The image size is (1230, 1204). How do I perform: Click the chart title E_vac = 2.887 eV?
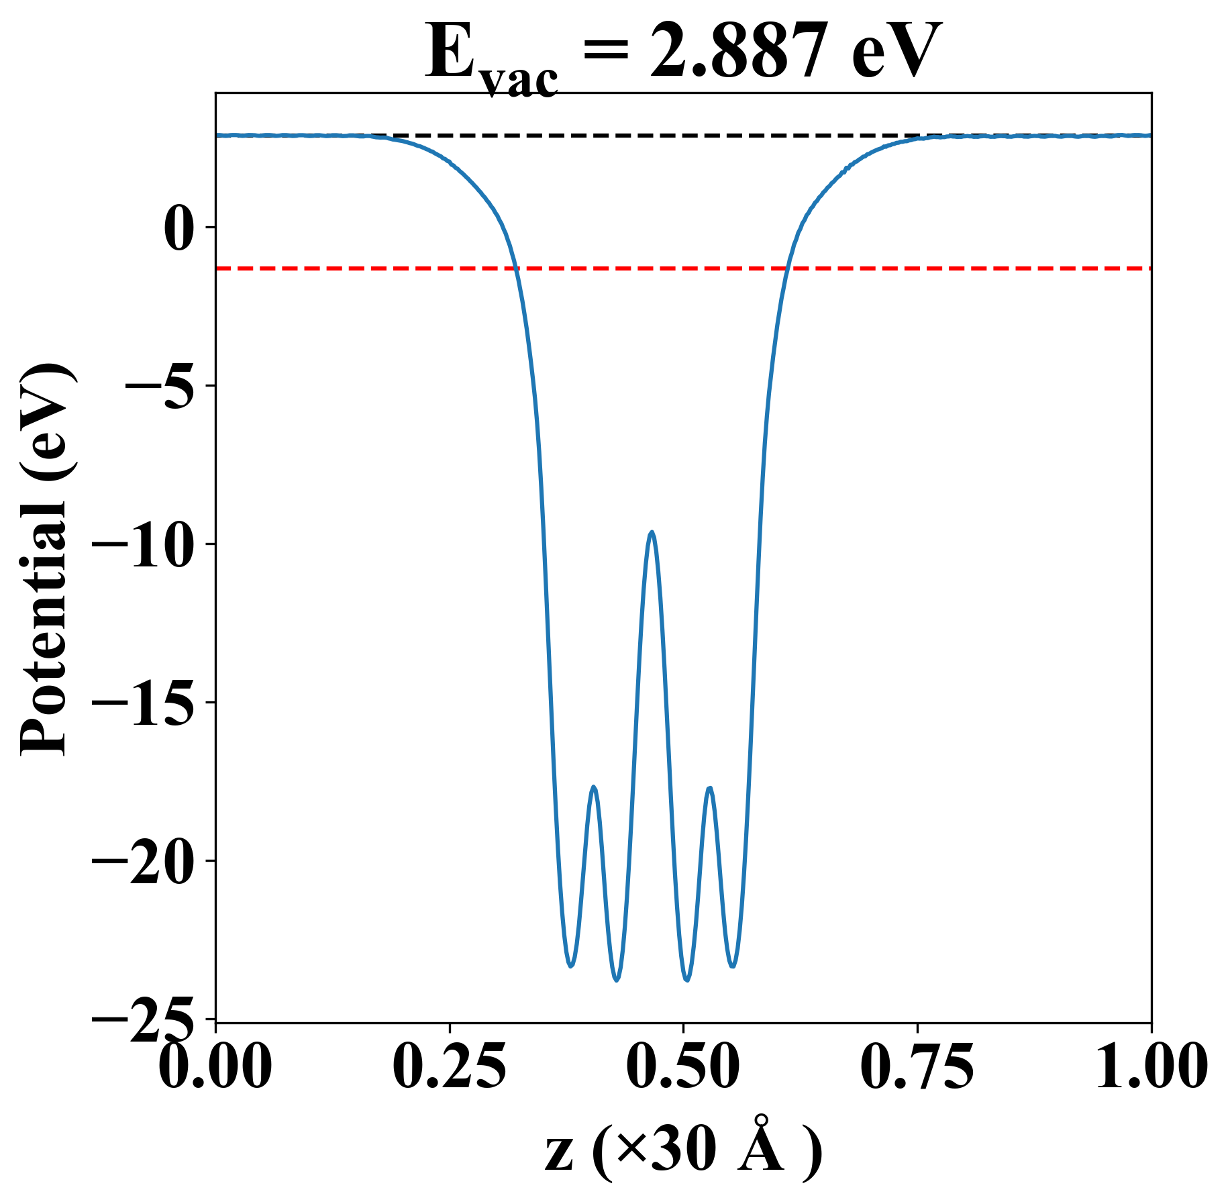[x=683, y=54]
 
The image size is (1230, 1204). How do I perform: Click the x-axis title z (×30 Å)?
[x=683, y=1153]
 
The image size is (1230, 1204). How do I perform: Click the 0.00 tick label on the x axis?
[x=215, y=1067]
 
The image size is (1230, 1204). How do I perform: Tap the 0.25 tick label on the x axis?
[x=449, y=1067]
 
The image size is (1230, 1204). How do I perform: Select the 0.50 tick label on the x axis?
[x=683, y=1067]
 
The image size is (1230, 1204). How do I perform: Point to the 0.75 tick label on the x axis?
[x=917, y=1067]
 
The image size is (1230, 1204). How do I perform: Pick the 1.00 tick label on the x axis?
[x=1150, y=1067]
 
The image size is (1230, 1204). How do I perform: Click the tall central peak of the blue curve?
[x=651, y=532]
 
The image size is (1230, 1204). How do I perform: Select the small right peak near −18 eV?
[x=709, y=788]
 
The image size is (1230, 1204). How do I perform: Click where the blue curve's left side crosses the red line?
[x=515, y=268]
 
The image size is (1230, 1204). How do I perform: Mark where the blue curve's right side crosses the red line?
[x=787, y=268]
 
